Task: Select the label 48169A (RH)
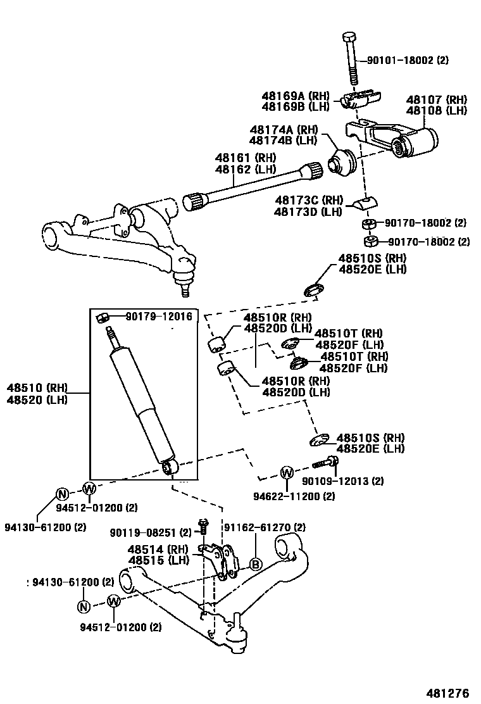click(295, 96)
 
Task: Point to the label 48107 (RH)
click(436, 100)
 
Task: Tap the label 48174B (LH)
click(282, 140)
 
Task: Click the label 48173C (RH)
click(308, 199)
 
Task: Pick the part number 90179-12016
click(158, 316)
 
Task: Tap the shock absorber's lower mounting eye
click(169, 467)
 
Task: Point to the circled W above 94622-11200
click(286, 472)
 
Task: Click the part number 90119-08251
click(150, 532)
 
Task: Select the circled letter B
click(255, 564)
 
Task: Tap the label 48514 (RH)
click(157, 550)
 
